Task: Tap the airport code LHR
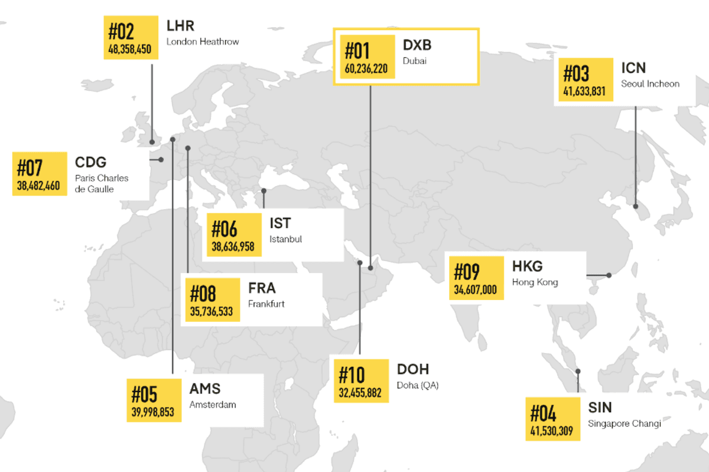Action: pyautogui.click(x=180, y=26)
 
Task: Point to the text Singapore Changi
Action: pyautogui.click(x=625, y=424)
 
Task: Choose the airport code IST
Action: pyautogui.click(x=280, y=223)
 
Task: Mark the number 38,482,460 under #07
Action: pyautogui.click(x=38, y=185)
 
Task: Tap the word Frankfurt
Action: pyautogui.click(x=266, y=304)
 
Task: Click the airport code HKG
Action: pyautogui.click(x=527, y=266)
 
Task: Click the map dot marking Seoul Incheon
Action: pyautogui.click(x=636, y=206)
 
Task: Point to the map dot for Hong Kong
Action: pyautogui.click(x=609, y=275)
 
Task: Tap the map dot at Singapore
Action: pyautogui.click(x=578, y=372)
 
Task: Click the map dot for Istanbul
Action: pyautogui.click(x=264, y=190)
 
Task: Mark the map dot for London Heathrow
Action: pyautogui.click(x=152, y=142)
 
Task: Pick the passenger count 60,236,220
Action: pyautogui.click(x=366, y=69)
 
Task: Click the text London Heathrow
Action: pyautogui.click(x=203, y=41)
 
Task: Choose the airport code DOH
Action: pyautogui.click(x=414, y=370)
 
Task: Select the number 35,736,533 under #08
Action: pyautogui.click(x=212, y=311)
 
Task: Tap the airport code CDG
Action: pyautogui.click(x=90, y=162)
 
